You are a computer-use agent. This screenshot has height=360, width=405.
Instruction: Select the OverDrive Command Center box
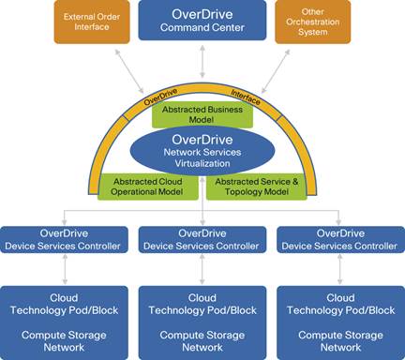pyautogui.click(x=202, y=22)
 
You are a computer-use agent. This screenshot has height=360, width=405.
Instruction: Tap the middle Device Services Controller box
pyautogui.click(x=202, y=239)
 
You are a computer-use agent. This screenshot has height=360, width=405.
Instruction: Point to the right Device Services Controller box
pyautogui.click(x=339, y=239)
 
